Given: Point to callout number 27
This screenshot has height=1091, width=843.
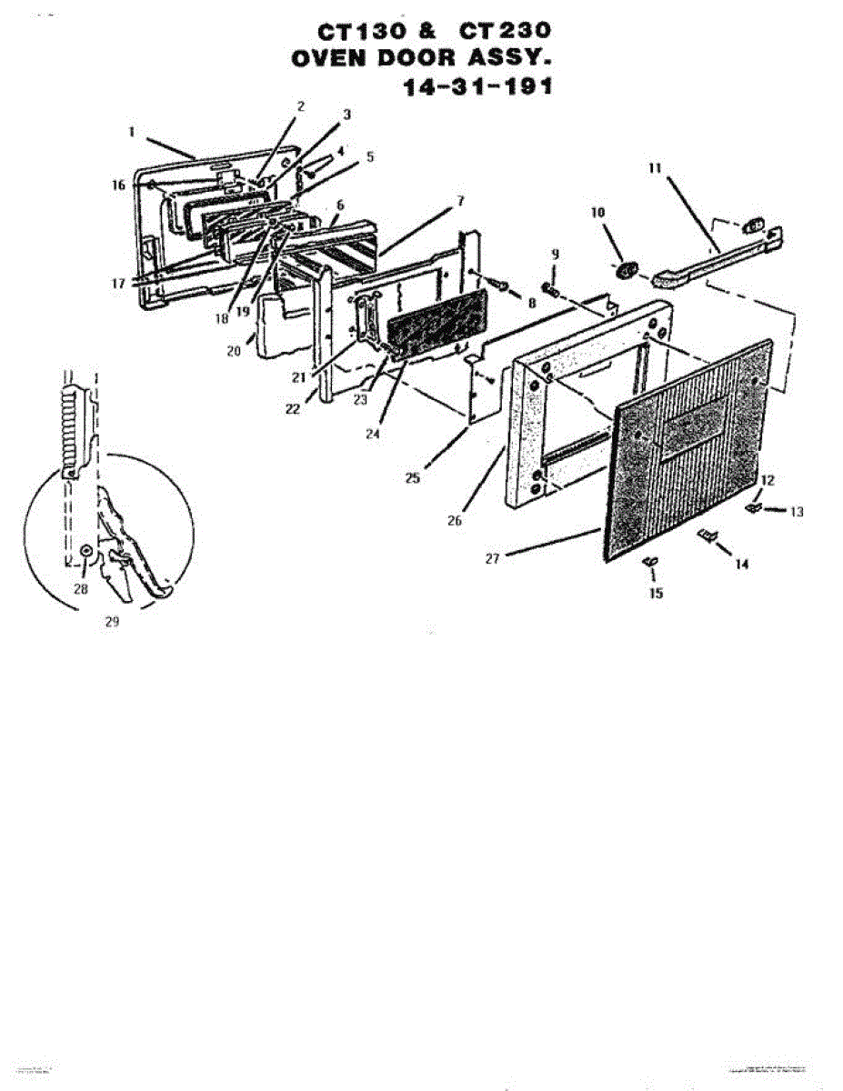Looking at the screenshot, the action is coord(491,558).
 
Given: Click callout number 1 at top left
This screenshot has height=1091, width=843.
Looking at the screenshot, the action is coord(133,131).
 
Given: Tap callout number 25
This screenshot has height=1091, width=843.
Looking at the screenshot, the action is coord(412,478).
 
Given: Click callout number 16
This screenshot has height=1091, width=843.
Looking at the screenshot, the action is coord(118,185).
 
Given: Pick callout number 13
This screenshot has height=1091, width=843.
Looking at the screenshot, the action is coord(797,512).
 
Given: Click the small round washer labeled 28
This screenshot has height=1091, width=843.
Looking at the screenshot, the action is coord(86,551).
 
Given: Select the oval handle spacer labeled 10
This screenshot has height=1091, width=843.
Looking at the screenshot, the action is coord(624,270).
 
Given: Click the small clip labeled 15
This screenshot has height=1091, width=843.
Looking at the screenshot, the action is coord(648,564).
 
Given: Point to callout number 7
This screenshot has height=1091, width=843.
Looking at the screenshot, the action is coord(460,199).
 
